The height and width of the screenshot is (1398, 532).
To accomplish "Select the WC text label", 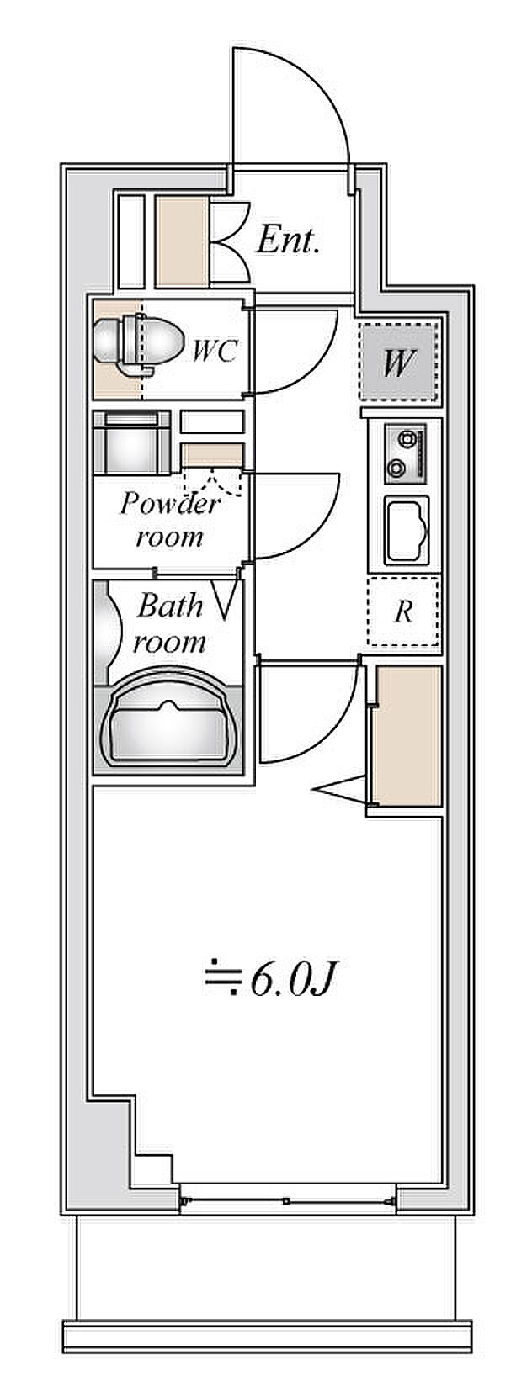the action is tap(214, 350).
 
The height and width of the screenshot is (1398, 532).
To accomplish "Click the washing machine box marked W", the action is tap(399, 363).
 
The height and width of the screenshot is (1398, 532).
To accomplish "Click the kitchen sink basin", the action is tap(407, 530).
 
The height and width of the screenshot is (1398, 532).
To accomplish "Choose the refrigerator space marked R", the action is tap(403, 612).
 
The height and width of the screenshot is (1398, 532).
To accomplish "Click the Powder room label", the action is tap(169, 519).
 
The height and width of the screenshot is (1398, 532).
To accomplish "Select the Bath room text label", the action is tap(169, 622).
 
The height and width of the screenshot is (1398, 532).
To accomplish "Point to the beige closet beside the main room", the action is tap(407, 736).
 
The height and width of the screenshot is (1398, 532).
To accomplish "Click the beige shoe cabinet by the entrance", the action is tap(181, 241).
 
